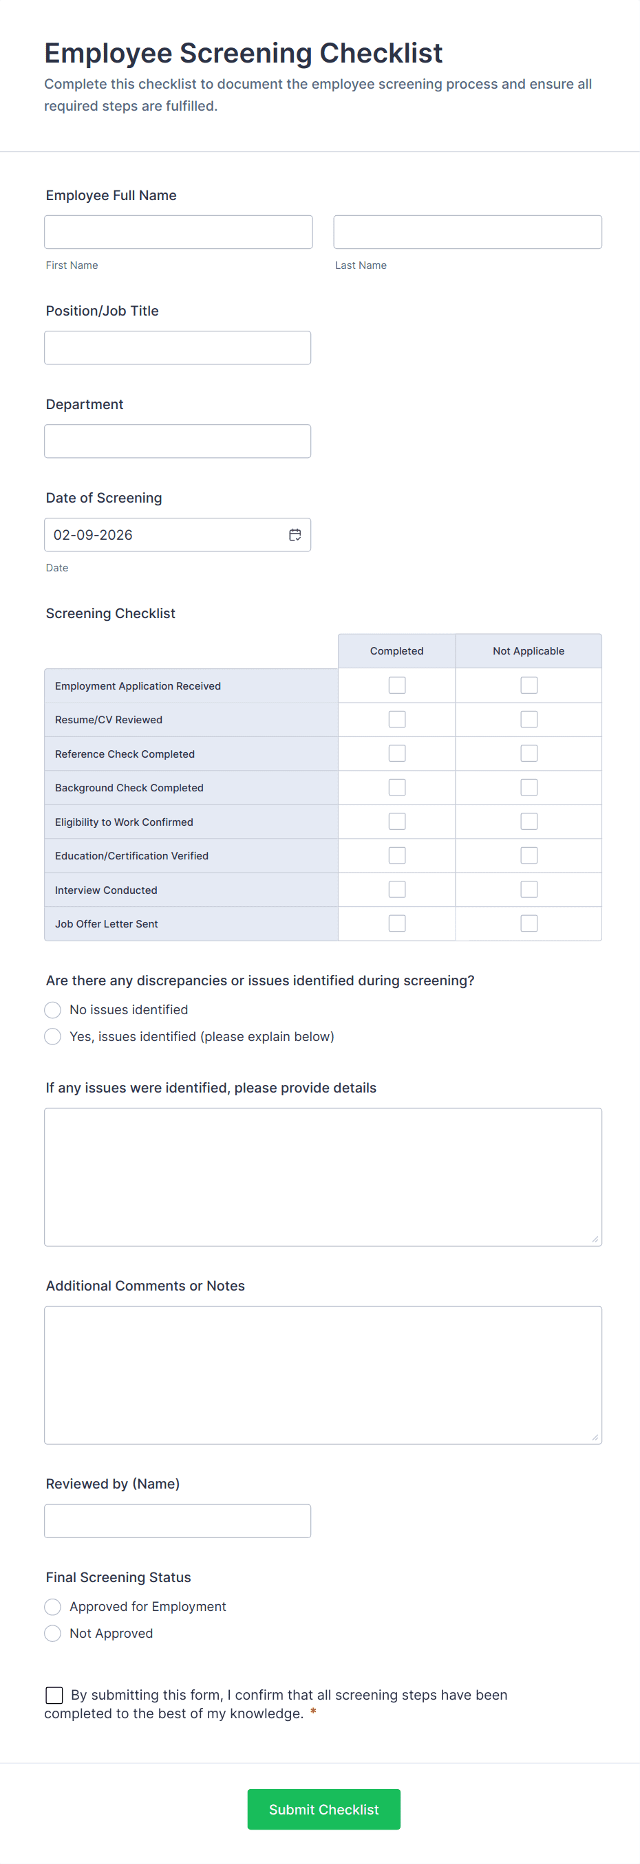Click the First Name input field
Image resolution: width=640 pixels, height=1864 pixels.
[x=178, y=232]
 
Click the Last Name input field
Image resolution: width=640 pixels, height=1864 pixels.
[x=467, y=232]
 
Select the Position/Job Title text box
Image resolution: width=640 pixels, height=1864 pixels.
[x=178, y=348]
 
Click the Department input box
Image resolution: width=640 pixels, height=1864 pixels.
[x=178, y=441]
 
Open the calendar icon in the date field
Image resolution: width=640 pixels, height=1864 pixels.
[x=295, y=535]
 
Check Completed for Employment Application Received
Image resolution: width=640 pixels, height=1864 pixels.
[x=397, y=686]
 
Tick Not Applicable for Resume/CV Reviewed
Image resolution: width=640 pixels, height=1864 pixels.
[x=529, y=719]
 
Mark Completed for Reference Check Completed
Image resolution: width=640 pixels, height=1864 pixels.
[x=397, y=754]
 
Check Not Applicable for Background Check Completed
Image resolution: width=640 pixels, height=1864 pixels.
[x=529, y=787]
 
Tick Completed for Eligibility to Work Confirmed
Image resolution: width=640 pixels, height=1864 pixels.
[x=397, y=821]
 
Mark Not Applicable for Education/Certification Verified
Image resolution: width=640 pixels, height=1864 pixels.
[x=529, y=855]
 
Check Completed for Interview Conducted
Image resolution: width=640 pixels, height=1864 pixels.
[x=397, y=889]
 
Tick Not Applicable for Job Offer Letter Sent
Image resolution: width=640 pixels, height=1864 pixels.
[x=529, y=923]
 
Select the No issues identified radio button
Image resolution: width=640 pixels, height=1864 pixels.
[x=53, y=1009]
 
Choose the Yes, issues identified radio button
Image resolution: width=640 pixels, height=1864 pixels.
[x=53, y=1036]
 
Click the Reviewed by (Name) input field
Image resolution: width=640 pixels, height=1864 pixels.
[x=178, y=1521]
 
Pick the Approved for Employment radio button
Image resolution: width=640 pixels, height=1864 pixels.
[x=53, y=1606]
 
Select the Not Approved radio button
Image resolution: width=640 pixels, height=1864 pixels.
[x=53, y=1633]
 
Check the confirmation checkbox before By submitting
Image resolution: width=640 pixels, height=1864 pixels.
[x=54, y=1695]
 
